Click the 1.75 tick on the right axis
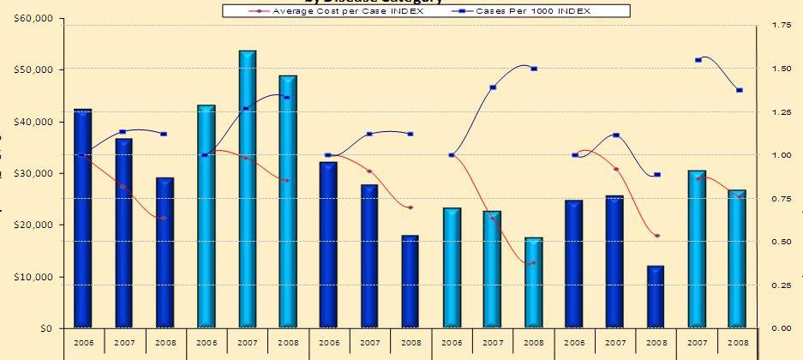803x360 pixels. coord(782,26)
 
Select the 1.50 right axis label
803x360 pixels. coord(782,69)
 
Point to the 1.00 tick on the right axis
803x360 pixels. coord(782,155)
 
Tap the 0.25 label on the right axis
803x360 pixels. coord(782,285)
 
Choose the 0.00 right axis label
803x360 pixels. coord(782,328)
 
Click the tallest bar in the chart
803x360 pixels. coord(247,189)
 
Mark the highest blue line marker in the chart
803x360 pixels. coord(698,60)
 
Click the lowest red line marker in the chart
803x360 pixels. coord(533,263)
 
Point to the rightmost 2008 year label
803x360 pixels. coord(738,342)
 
